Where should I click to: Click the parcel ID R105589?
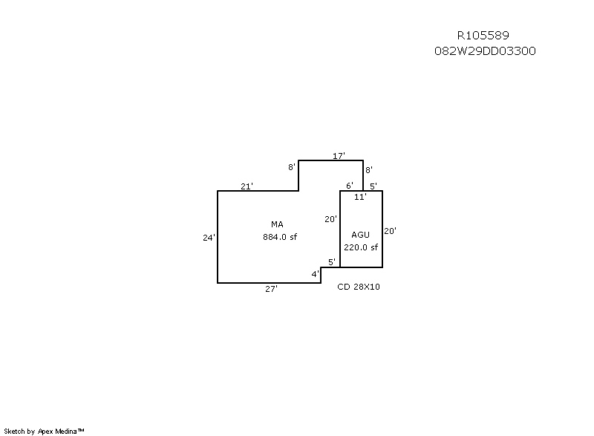click(x=483, y=35)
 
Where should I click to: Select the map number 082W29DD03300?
click(x=485, y=51)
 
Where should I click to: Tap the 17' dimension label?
click(x=339, y=156)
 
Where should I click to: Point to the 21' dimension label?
click(x=247, y=186)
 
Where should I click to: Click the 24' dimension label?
click(x=209, y=238)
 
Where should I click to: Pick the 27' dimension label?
click(x=271, y=289)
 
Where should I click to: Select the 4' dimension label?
click(x=315, y=274)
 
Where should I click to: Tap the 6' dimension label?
click(x=349, y=185)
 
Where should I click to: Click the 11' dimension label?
click(x=360, y=197)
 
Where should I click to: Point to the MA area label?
click(x=277, y=224)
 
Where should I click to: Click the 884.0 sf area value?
click(x=280, y=237)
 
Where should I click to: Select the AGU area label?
click(x=360, y=235)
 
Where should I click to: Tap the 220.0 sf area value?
click(x=361, y=247)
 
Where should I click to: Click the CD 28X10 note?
click(x=359, y=287)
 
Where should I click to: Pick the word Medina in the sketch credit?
click(x=66, y=431)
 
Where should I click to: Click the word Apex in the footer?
click(x=45, y=432)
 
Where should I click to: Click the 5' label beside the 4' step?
click(x=332, y=261)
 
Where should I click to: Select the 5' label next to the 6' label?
click(x=373, y=186)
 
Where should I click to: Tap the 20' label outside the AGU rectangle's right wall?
click(x=391, y=231)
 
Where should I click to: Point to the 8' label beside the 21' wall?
click(x=291, y=166)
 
